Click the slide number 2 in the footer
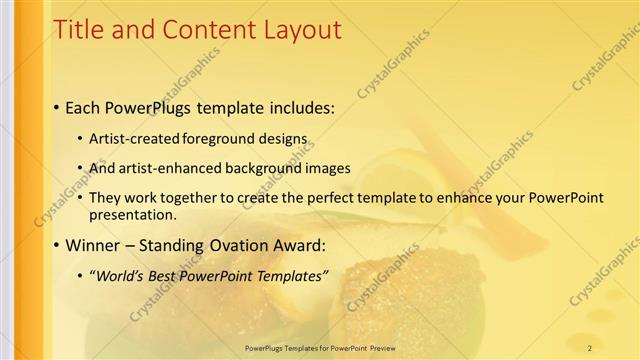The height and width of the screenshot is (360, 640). (x=589, y=347)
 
